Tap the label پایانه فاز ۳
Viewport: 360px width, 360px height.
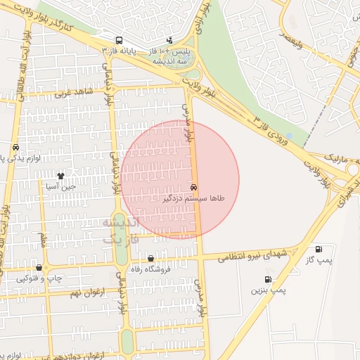point(120,52)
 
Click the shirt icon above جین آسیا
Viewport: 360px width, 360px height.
point(61,176)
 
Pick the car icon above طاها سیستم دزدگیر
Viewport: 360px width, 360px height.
point(193,188)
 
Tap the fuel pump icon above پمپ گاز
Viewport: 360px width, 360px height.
point(319,249)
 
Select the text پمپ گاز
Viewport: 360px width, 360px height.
point(319,260)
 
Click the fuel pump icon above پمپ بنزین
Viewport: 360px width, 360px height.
point(268,279)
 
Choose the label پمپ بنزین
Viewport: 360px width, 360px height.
point(268,290)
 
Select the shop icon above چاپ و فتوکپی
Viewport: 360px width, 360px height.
point(39,267)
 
